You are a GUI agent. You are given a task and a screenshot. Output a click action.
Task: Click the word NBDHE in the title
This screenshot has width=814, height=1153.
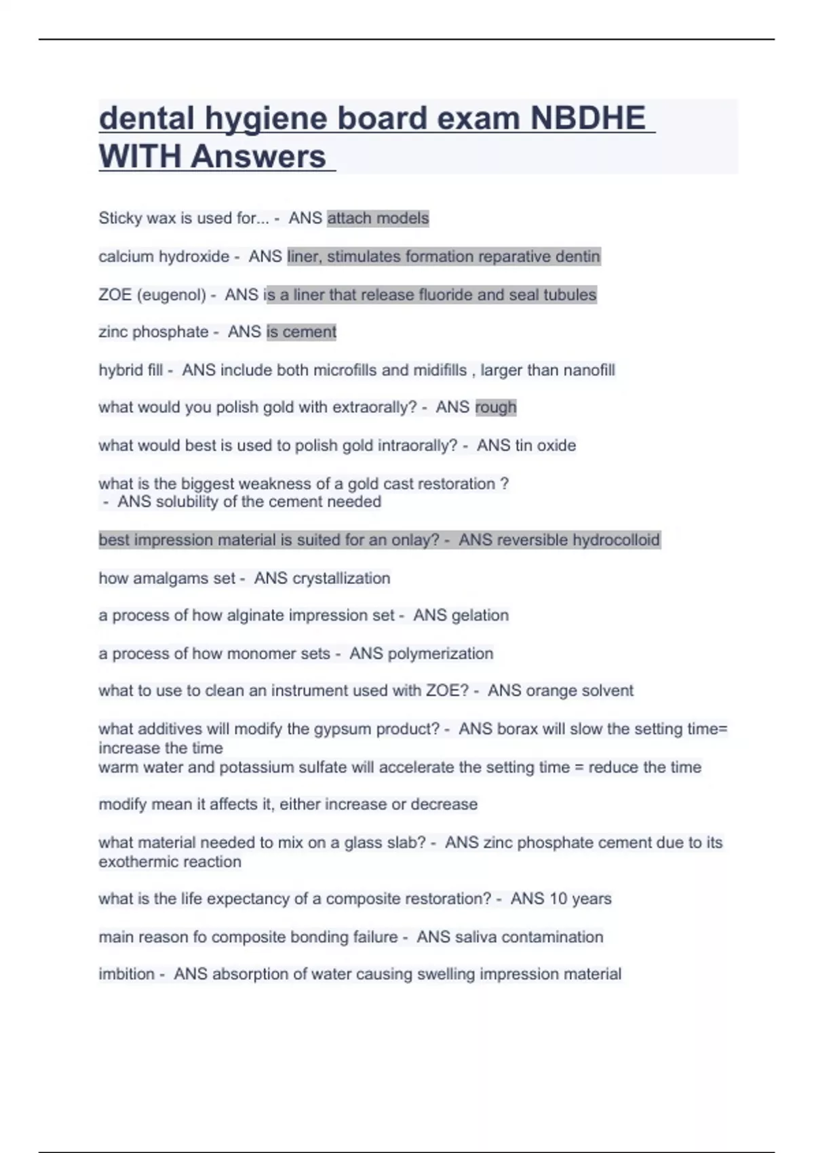point(587,119)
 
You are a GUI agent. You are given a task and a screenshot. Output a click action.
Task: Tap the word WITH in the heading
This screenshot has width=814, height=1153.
point(140,157)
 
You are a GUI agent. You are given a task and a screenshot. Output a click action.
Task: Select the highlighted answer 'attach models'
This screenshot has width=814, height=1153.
point(378,218)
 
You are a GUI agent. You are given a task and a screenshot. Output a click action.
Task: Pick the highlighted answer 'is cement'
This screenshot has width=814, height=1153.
point(301,332)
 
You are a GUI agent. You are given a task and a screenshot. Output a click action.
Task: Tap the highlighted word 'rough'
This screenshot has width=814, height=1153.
point(496,407)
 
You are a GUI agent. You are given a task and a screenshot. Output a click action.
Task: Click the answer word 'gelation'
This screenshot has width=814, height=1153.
point(480,615)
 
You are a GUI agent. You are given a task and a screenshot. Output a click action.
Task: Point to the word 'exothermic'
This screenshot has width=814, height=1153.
point(134,862)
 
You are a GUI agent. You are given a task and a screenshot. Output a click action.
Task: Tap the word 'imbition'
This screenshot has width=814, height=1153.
point(126,974)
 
